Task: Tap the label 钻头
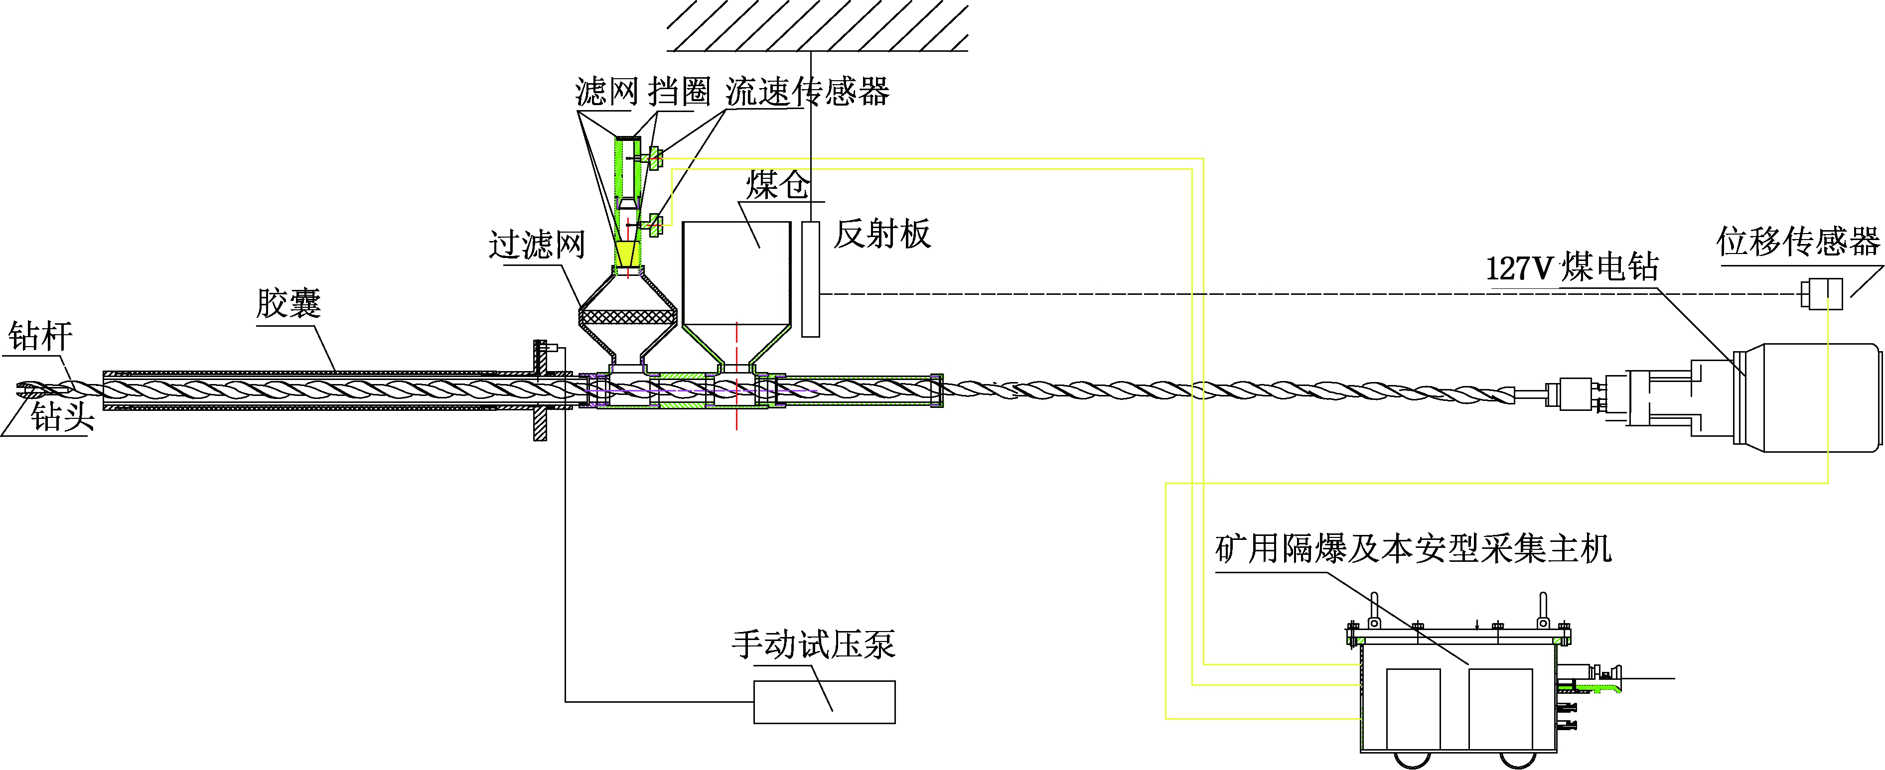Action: [x=62, y=417]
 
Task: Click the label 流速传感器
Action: [x=807, y=92]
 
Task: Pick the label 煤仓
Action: [x=777, y=185]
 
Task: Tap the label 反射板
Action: [x=882, y=235]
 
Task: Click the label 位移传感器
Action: [x=1797, y=242]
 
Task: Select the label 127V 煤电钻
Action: [x=1572, y=267]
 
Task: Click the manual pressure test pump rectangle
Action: [x=824, y=702]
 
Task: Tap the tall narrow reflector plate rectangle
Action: [x=810, y=278]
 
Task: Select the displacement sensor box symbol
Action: [x=1821, y=295]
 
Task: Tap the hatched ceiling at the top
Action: [x=817, y=25]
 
